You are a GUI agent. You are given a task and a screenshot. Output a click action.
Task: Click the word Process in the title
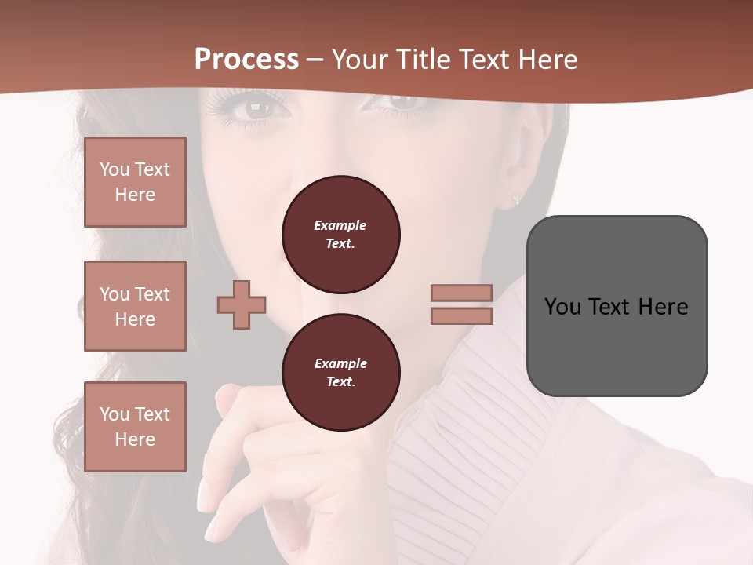[x=246, y=60]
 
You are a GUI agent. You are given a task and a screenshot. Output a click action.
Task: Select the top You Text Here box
[x=135, y=182]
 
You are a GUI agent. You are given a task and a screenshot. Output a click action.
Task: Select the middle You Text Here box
[x=135, y=306]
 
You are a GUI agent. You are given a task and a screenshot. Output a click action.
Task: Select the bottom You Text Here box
[x=135, y=426]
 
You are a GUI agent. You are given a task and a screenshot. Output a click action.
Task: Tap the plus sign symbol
[x=242, y=305]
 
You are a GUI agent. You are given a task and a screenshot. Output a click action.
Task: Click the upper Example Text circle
[x=341, y=235]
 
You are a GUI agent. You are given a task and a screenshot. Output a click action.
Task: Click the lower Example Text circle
[x=341, y=373]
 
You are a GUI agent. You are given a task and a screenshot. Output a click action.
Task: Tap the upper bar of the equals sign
[x=461, y=293]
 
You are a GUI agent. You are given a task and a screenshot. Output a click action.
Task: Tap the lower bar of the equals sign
[x=461, y=316]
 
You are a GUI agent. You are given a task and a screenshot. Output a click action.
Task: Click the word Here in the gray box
[x=663, y=307]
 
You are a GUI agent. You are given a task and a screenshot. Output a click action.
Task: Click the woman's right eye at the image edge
[x=400, y=100]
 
